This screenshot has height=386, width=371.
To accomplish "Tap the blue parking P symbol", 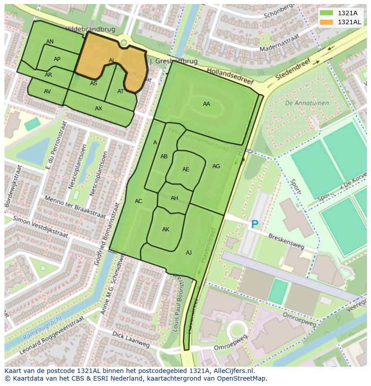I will click(x=255, y=224).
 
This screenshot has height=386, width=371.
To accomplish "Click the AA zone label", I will click(x=206, y=104).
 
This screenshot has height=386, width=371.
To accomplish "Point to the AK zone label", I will click(x=166, y=230).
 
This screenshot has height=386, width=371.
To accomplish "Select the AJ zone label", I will click(x=189, y=253).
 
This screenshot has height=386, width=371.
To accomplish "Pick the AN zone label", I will click(x=50, y=42).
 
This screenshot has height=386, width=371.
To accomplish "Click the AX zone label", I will click(x=99, y=108).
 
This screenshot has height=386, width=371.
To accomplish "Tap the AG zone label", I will click(x=216, y=166).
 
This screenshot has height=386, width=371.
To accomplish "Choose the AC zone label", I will click(x=138, y=201).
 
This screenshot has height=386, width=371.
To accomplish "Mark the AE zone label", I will click(x=185, y=169).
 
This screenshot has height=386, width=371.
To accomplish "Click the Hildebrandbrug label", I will click(x=90, y=29).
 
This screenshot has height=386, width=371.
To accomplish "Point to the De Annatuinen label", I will click(x=306, y=103).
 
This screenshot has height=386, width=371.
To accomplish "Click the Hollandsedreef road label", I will click(x=230, y=76).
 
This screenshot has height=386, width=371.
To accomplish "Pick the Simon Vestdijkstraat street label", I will click(x=40, y=227).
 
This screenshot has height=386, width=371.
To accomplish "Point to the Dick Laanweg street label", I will click(x=131, y=340).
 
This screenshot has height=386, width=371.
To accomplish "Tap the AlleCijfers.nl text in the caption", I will click(x=231, y=371).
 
